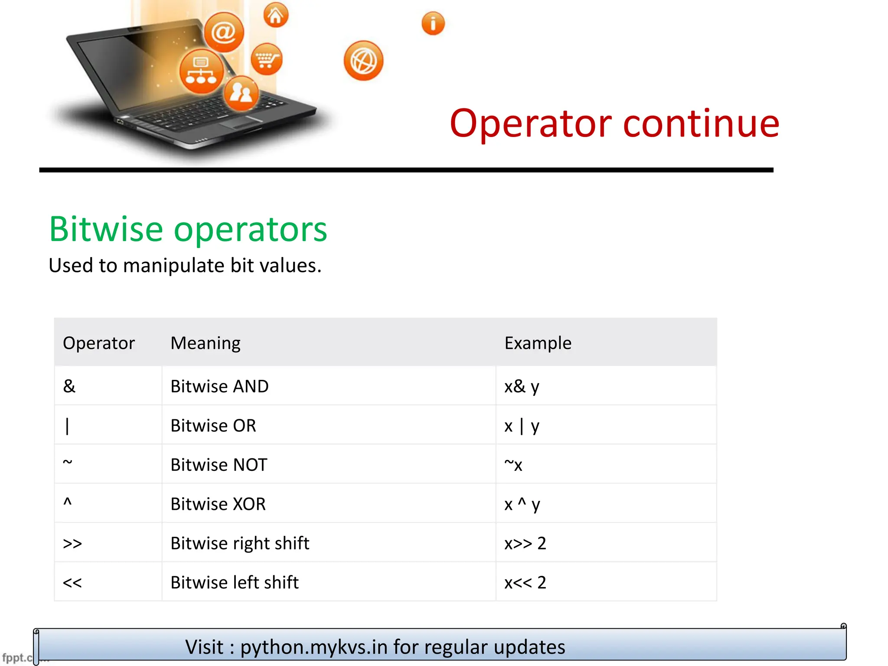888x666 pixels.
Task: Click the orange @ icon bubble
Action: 224,32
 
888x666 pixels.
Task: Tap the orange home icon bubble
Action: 276,15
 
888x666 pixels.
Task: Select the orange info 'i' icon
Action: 433,23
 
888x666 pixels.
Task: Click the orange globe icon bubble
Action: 363,61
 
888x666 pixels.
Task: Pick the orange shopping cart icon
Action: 266,59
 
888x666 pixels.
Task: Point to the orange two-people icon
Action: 241,93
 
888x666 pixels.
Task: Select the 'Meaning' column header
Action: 206,343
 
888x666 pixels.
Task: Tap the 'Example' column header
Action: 538,343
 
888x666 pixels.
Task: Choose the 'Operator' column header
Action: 99,343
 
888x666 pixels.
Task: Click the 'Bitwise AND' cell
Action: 219,386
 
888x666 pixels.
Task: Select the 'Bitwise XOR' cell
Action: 218,504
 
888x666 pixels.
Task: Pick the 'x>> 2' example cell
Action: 525,543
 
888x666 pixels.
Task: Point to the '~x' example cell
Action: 513,464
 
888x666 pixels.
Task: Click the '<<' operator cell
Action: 72,582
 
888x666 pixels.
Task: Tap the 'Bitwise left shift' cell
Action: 235,582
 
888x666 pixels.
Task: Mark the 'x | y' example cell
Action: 522,426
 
